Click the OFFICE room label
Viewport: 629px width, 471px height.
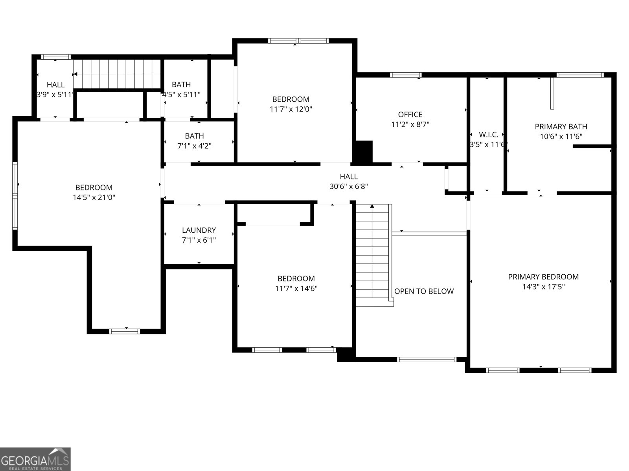coord(410,115)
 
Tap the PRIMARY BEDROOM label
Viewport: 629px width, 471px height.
coord(543,277)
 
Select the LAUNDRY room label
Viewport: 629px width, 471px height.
coord(199,230)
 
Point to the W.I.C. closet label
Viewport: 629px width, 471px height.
coord(489,134)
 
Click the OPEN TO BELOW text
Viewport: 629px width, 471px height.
coord(424,291)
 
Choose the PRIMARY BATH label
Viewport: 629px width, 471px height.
coord(561,127)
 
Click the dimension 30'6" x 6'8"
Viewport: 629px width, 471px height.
coord(348,186)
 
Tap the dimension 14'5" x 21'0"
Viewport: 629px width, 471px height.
coord(94,197)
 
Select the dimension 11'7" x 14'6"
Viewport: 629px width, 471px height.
coord(296,288)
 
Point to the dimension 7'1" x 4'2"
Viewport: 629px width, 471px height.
coord(194,146)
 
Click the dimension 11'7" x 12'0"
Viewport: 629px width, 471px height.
coord(291,109)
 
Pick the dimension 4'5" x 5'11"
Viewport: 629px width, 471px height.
coord(181,95)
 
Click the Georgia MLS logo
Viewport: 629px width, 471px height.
coord(35,459)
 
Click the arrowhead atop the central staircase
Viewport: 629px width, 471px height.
coord(372,206)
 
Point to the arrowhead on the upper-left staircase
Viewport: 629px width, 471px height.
coord(75,74)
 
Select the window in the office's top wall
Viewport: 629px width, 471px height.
coord(405,75)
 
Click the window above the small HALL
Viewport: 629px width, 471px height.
coord(56,57)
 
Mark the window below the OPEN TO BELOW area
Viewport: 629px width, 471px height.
coord(427,360)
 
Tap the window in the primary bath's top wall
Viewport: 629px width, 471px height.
coord(580,75)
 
